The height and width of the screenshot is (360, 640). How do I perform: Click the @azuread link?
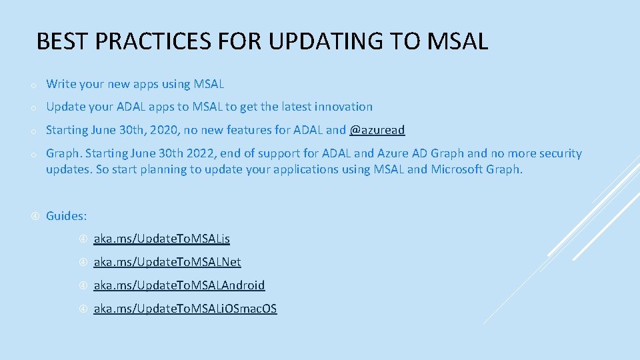click(x=377, y=130)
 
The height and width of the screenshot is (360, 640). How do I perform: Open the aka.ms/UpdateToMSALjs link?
click(x=162, y=239)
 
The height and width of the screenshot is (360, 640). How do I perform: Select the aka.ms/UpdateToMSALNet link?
click(x=167, y=262)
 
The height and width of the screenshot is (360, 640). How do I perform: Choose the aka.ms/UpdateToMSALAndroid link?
click(x=179, y=285)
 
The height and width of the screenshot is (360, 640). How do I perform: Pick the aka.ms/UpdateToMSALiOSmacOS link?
click(x=185, y=309)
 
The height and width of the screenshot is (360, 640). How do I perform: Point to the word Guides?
click(x=66, y=215)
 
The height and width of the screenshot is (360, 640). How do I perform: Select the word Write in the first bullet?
click(x=61, y=84)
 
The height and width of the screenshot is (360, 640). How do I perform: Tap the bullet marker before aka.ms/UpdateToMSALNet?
click(x=83, y=262)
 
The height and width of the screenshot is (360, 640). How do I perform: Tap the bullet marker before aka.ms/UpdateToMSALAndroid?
click(x=83, y=285)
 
